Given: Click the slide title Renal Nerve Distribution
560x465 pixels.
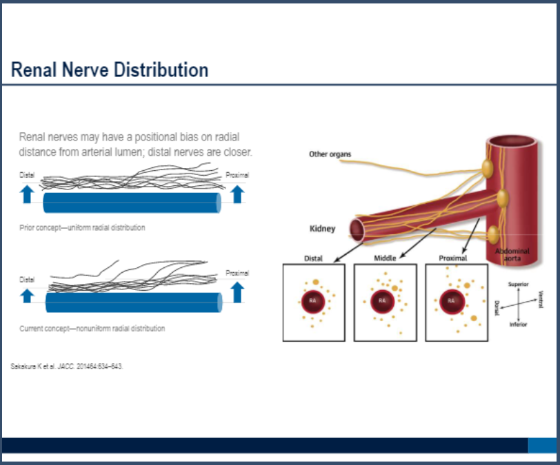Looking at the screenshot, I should click(x=110, y=70).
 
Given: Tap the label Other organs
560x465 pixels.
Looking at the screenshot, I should click(x=330, y=154).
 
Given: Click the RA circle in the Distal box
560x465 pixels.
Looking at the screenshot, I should click(x=313, y=300).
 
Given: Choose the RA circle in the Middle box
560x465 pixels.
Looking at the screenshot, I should click(x=381, y=301).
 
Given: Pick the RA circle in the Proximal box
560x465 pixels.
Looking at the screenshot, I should click(x=452, y=301).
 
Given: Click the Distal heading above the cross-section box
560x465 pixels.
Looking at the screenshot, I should click(x=313, y=258).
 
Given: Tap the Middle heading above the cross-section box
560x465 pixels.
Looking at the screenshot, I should click(x=385, y=258).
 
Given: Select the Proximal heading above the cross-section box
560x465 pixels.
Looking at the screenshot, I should click(x=453, y=258).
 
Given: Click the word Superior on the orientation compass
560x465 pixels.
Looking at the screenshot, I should click(x=518, y=284).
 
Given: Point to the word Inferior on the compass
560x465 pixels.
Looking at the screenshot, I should click(x=518, y=324).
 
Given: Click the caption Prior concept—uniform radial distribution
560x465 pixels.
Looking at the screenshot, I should click(x=82, y=227).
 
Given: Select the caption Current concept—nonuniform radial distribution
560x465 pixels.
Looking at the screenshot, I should click(x=92, y=329).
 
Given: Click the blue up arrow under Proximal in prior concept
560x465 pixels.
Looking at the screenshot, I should click(x=237, y=193).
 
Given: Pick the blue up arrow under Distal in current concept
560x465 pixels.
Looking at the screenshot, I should click(x=26, y=295).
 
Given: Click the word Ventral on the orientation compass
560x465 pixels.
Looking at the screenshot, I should click(x=541, y=299).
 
